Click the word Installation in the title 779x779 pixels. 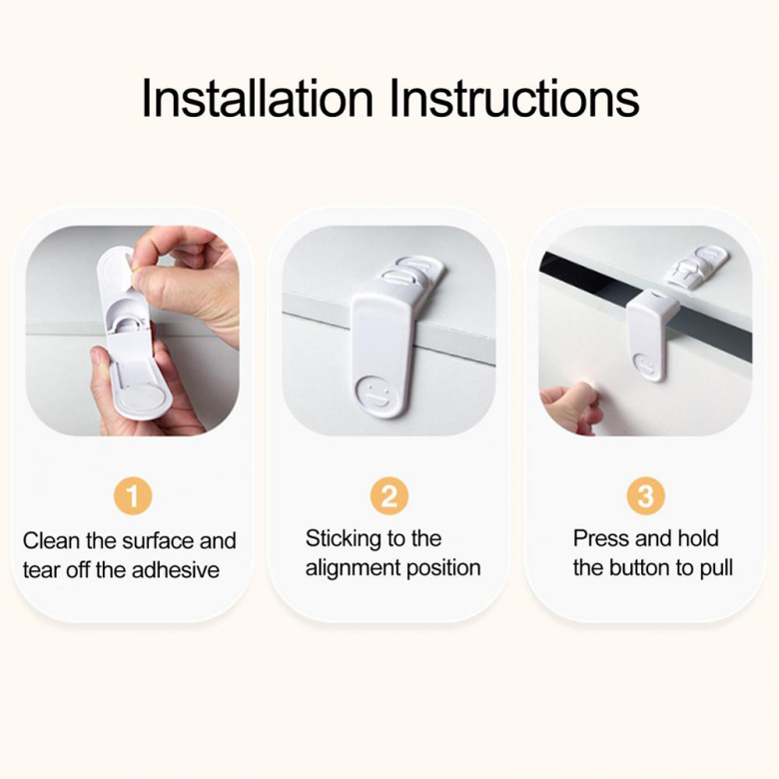tap(257, 98)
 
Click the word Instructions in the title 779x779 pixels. tap(514, 98)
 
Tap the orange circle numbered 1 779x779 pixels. tap(133, 495)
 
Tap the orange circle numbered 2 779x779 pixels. tap(389, 495)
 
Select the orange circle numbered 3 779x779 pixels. tap(645, 495)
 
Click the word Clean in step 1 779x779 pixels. tap(52, 540)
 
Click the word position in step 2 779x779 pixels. tap(443, 569)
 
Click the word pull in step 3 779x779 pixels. tap(716, 568)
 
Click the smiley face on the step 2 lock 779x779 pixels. tap(374, 391)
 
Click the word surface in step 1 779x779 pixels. tap(152, 540)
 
